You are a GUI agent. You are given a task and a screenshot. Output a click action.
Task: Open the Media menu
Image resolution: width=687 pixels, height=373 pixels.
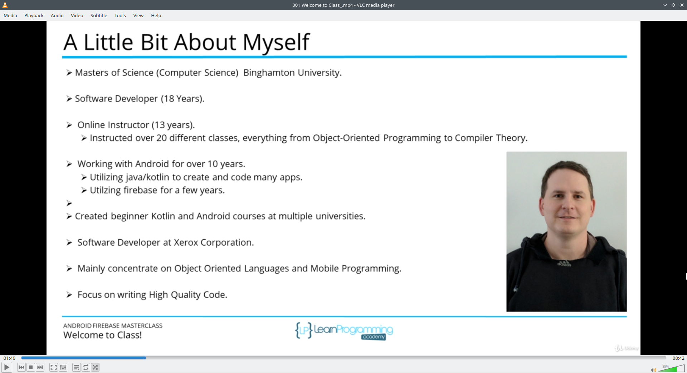[x=10, y=15]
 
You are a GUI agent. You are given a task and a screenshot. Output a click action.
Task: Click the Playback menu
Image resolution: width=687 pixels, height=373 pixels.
[x=34, y=15]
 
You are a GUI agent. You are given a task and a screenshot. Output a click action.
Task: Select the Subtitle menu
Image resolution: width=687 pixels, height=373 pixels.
[x=99, y=15]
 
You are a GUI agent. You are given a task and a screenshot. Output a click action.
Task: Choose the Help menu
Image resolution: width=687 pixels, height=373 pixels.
[x=156, y=15]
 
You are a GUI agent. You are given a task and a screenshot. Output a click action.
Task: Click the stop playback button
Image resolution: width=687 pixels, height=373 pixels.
[x=31, y=367]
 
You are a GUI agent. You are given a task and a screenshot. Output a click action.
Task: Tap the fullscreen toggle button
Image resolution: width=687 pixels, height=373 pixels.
[x=54, y=367]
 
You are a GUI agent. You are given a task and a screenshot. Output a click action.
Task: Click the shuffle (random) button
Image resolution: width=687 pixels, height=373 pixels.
[x=95, y=367]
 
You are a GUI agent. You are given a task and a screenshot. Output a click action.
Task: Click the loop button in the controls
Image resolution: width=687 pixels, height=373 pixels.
[x=86, y=367]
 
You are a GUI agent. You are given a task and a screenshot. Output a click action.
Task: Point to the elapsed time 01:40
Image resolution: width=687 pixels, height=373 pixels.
[x=10, y=358]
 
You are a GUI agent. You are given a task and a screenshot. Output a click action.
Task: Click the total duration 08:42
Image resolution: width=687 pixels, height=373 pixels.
[x=678, y=358]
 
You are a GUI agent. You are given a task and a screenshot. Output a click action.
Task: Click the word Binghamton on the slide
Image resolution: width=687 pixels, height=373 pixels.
[x=269, y=73]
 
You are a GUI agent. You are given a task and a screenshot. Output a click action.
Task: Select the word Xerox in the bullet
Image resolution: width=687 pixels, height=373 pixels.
[x=186, y=242]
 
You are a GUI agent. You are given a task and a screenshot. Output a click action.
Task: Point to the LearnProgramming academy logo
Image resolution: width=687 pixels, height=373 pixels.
[x=344, y=331]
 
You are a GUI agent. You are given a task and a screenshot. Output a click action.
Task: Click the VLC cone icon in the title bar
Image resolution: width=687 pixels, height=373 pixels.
[x=5, y=5]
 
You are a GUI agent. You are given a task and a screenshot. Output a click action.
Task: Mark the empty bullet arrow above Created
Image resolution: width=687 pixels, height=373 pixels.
[x=69, y=203]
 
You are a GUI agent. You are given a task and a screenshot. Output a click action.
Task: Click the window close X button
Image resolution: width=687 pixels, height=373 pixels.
[x=682, y=5]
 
